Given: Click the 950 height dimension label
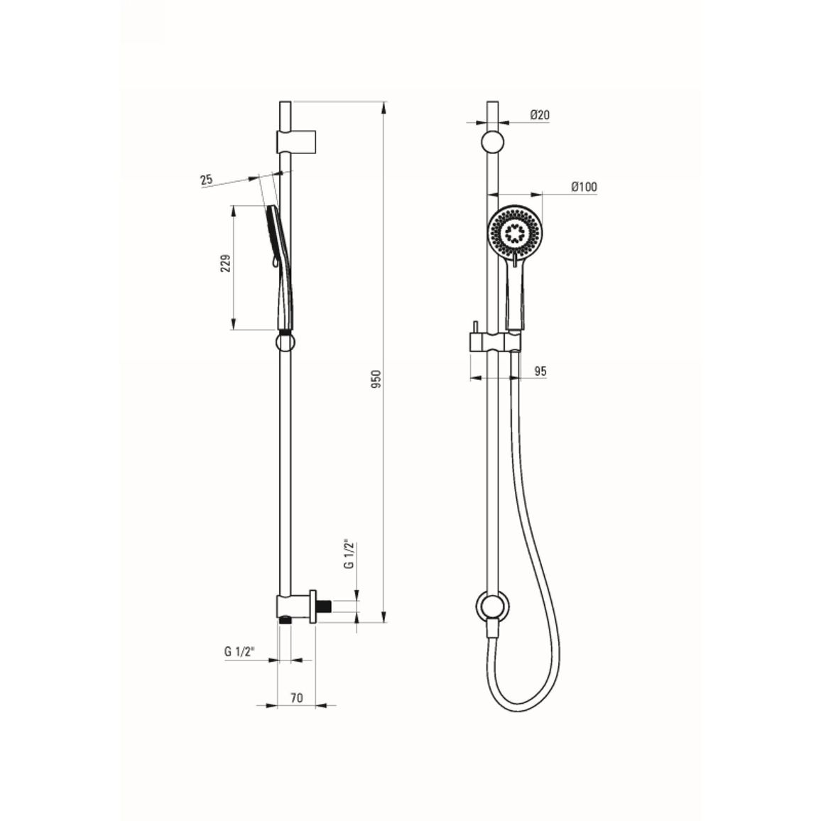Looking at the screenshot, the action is point(376,379).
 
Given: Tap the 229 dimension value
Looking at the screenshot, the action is point(225,263).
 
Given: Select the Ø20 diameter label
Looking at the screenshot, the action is point(540,114).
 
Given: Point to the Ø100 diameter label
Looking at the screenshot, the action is point(584,186).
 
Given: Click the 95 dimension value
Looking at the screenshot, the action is point(540,371).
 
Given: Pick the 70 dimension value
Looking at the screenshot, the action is point(296,697).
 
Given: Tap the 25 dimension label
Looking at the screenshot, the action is point(206,180).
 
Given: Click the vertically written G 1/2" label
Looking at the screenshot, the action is point(349,553).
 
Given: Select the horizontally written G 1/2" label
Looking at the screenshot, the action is point(239,652).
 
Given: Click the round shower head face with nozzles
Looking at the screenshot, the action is point(516,231).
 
